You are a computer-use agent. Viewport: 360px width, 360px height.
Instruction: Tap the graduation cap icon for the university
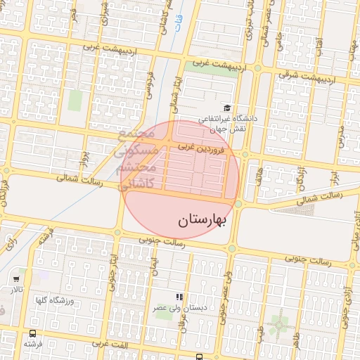(x=227, y=108)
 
